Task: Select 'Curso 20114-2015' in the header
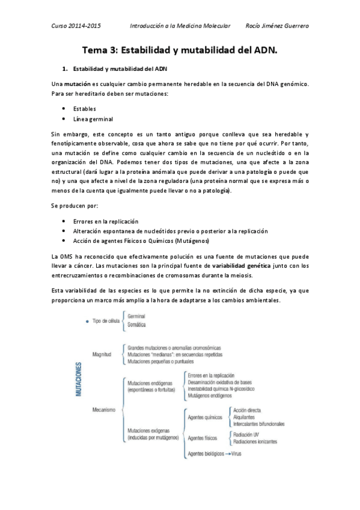pos(76,26)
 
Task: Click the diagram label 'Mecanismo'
pos(104,410)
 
